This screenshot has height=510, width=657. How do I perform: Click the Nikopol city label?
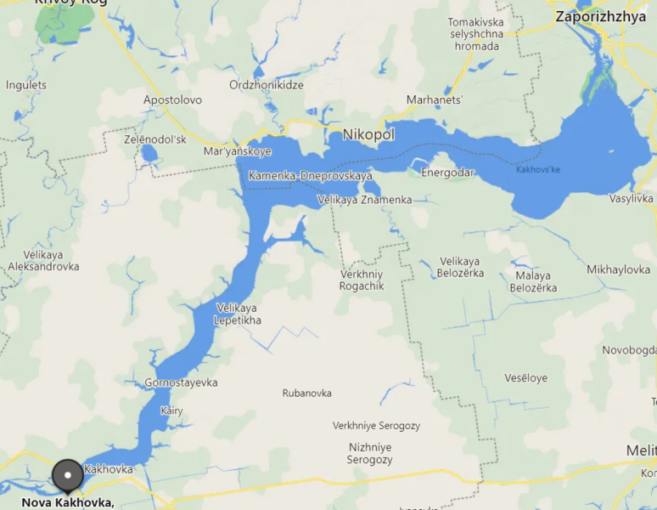[x=368, y=134]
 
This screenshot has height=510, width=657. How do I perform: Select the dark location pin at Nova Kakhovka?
[x=67, y=474]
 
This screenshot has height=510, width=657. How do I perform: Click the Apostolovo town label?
[x=172, y=99]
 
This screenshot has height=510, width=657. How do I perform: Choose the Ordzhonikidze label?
[x=267, y=85]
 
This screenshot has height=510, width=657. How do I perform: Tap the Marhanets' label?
[x=435, y=99]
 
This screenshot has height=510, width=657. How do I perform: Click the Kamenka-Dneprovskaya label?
[x=311, y=175]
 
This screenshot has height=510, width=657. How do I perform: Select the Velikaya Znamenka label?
[x=364, y=200]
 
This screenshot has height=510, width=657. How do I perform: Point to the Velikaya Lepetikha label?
[x=239, y=314]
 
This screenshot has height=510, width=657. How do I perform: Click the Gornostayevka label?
[x=181, y=382]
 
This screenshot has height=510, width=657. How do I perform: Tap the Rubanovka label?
[x=306, y=394]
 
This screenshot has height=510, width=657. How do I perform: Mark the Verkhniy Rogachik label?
[x=362, y=280]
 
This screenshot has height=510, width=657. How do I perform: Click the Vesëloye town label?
[x=525, y=378]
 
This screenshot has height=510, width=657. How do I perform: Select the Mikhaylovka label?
[x=618, y=269]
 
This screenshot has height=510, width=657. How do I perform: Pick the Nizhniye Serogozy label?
[x=370, y=453]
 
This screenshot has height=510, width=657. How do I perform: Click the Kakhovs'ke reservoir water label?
[x=538, y=169]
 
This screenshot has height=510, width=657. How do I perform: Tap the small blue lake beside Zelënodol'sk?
[x=149, y=154]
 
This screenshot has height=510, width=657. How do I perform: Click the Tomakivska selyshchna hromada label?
[x=475, y=34]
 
